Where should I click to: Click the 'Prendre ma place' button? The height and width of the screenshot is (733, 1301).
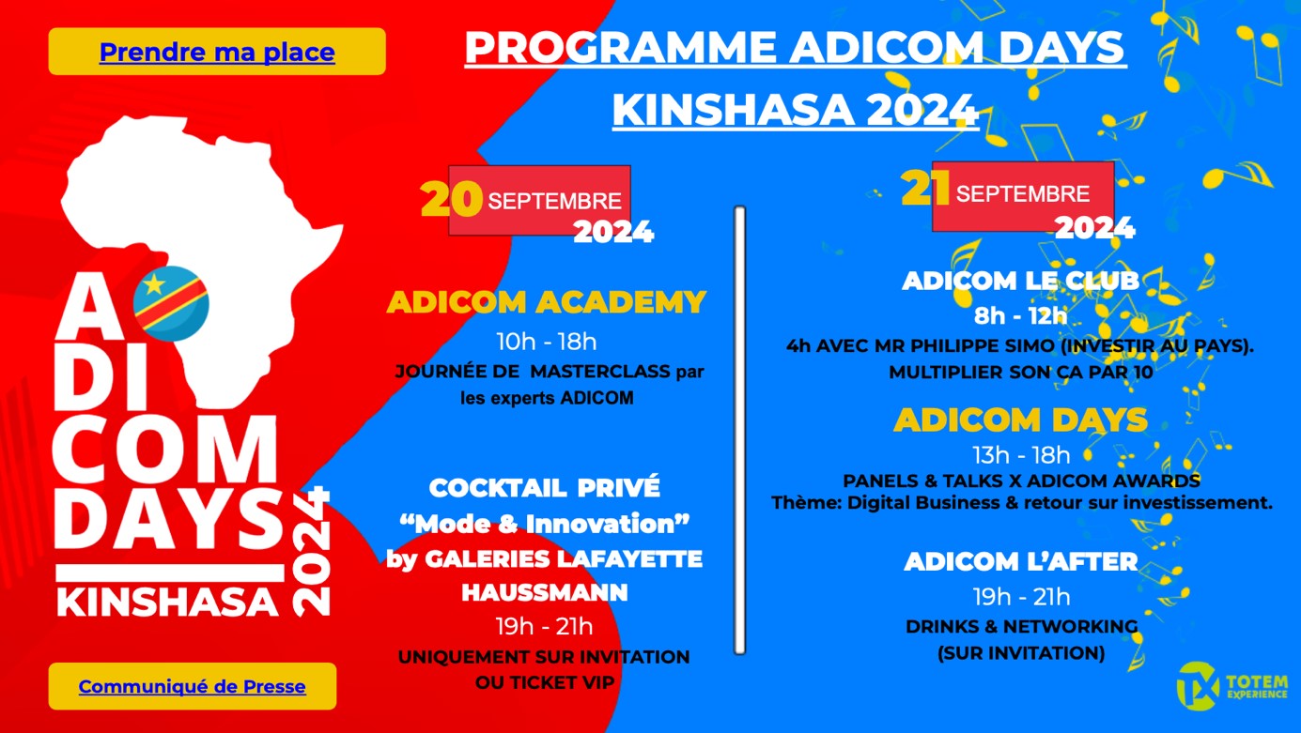(x=217, y=52)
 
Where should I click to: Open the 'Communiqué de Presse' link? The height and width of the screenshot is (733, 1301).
(x=192, y=686)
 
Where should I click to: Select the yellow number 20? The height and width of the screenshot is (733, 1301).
(x=451, y=199)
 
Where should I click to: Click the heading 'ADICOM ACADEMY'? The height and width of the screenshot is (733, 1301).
(x=546, y=302)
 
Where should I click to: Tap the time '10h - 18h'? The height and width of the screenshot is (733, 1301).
(x=546, y=341)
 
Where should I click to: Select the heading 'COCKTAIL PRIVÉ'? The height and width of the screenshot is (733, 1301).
(x=545, y=488)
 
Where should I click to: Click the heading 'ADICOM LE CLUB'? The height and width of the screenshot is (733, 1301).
(x=1020, y=281)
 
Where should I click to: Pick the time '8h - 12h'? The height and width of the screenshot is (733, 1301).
(x=1020, y=315)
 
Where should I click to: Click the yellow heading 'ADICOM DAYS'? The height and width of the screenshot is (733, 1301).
(x=1020, y=420)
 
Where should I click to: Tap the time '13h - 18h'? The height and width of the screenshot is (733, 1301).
(x=1020, y=456)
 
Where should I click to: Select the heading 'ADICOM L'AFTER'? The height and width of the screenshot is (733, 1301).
(x=1020, y=562)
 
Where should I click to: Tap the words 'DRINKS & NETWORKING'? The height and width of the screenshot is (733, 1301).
(x=1021, y=626)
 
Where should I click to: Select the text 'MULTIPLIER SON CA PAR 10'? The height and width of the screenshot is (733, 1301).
(x=1020, y=372)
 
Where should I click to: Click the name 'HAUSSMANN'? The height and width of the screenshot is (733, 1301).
(x=545, y=592)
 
